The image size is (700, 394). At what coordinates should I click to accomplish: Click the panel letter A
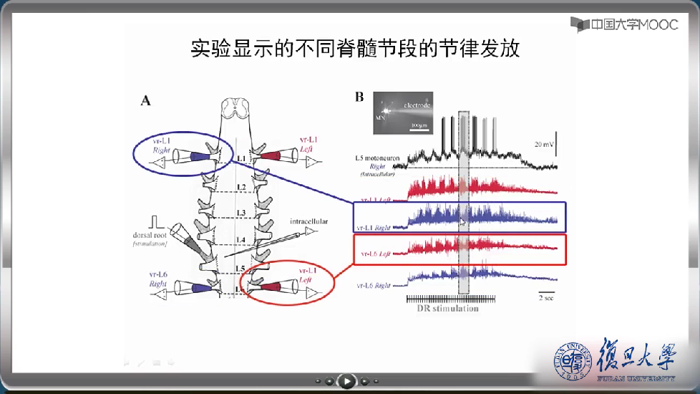tap(145, 100)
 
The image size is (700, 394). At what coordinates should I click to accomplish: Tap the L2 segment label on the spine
tap(242, 187)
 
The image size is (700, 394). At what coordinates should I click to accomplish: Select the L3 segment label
tap(242, 213)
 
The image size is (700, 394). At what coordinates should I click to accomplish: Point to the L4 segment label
tap(242, 239)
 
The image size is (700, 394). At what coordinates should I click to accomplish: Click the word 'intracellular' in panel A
tap(308, 222)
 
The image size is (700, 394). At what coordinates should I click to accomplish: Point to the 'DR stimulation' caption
tap(447, 309)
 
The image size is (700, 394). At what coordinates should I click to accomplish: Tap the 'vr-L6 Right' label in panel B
tap(378, 285)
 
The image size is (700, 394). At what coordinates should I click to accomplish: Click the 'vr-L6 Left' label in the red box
tap(378, 253)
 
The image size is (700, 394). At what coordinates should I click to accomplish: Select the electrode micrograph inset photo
tap(403, 113)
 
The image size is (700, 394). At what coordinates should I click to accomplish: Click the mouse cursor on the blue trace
tap(462, 222)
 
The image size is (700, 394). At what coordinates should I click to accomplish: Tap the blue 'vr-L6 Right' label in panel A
tap(158, 279)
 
